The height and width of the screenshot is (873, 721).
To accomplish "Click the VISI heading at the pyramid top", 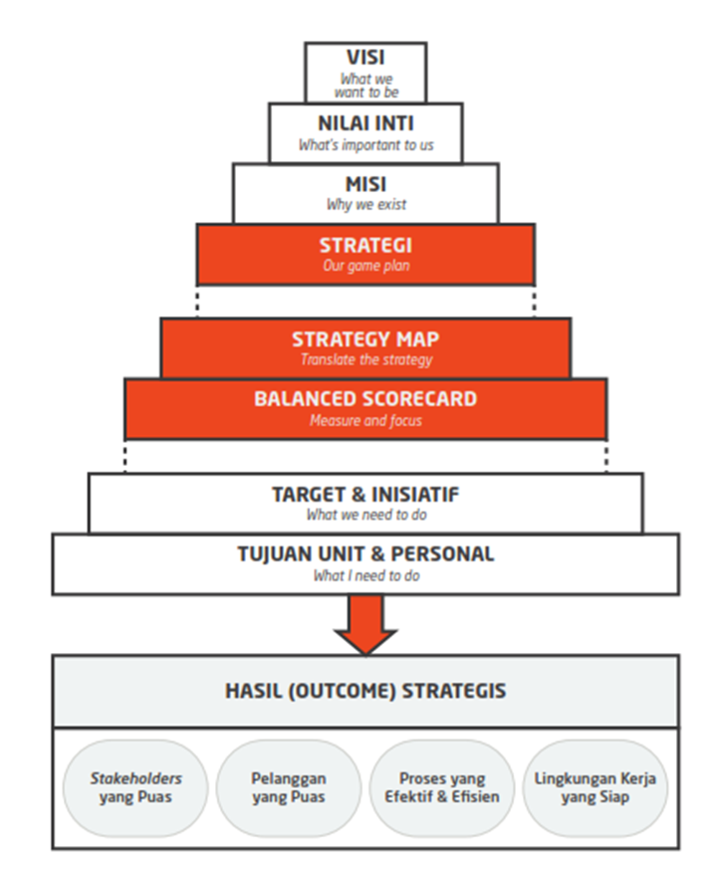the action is click(365, 58).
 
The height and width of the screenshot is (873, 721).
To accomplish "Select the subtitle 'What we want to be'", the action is click(366, 86).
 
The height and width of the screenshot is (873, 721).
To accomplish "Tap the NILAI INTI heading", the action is click(365, 123).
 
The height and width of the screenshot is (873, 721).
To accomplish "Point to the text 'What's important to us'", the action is click(365, 145).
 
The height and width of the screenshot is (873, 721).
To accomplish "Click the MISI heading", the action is click(365, 184).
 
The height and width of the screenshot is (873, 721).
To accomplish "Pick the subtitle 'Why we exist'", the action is click(366, 205).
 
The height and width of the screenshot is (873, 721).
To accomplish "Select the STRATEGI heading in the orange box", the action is click(365, 246).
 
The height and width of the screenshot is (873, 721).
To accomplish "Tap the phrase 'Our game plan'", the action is click(366, 266).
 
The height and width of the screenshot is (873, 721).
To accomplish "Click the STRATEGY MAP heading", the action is click(365, 339).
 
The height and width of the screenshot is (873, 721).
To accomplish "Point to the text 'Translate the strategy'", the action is click(366, 360).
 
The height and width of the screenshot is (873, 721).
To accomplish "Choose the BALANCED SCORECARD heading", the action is click(365, 399).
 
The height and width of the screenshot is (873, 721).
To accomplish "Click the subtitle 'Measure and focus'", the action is click(365, 420).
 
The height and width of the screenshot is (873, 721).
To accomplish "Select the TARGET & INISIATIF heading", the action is click(365, 495).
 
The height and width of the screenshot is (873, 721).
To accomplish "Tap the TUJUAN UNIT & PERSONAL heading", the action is click(365, 554).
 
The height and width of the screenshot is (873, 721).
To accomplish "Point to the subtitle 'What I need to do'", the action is click(366, 575).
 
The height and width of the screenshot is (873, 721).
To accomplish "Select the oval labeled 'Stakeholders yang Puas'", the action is click(135, 787).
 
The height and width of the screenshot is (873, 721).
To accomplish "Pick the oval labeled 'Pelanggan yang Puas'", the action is click(289, 787).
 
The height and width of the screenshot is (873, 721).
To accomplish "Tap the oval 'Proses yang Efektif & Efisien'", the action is click(442, 787).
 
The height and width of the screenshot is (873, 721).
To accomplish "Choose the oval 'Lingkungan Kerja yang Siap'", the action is click(596, 787).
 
